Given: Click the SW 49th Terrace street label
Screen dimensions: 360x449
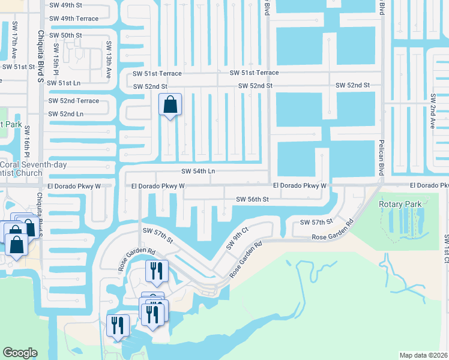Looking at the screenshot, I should [73, 19].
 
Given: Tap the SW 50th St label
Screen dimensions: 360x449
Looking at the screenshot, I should [65, 35].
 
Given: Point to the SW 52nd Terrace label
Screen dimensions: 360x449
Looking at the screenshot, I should [73, 101].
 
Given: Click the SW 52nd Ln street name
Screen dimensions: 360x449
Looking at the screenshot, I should [65, 113].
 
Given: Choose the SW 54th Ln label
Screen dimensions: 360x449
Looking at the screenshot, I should [197, 171].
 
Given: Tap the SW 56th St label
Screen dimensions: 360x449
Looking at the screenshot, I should [252, 199].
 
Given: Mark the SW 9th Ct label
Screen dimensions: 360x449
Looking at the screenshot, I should [237, 238].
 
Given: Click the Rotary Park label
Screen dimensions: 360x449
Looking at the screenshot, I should [397, 204].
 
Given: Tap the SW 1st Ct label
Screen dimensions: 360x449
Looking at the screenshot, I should [446, 252].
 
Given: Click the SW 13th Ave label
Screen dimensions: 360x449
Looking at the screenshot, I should [109, 60].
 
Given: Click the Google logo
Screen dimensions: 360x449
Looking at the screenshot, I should [20, 353].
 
